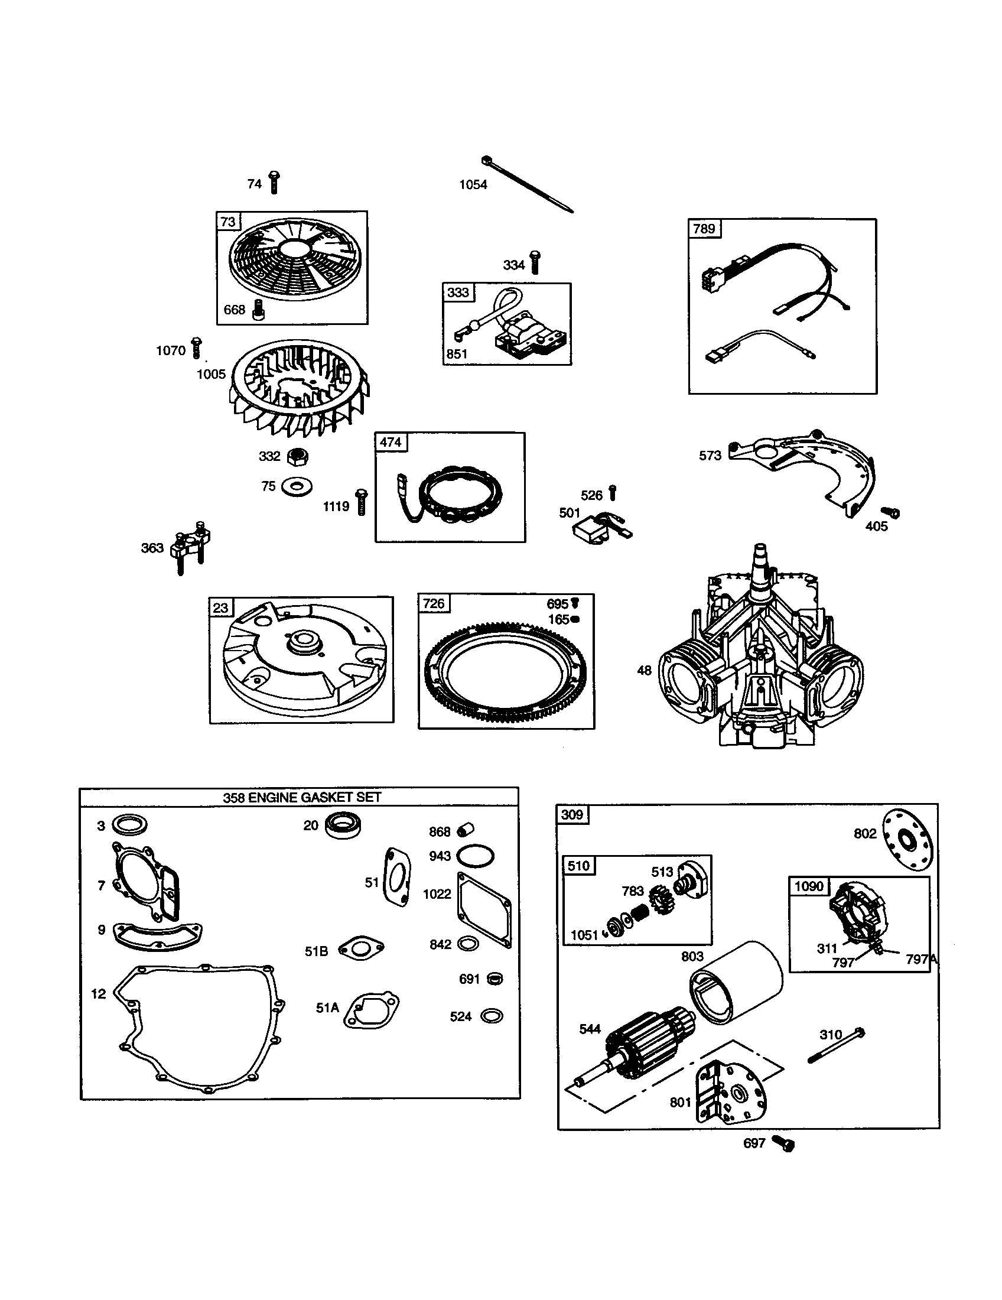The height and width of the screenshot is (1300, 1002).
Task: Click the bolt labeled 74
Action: click(274, 182)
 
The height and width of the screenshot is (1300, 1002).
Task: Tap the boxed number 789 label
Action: click(704, 229)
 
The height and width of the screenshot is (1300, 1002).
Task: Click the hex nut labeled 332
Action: click(298, 457)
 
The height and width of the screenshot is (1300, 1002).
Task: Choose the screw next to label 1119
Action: click(361, 502)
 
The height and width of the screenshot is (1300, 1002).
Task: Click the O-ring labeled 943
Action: click(476, 857)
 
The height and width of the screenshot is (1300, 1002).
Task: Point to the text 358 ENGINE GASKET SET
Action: click(302, 798)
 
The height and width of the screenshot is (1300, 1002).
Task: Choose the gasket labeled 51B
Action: click(360, 949)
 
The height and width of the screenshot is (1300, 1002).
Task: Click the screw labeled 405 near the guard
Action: click(891, 512)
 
